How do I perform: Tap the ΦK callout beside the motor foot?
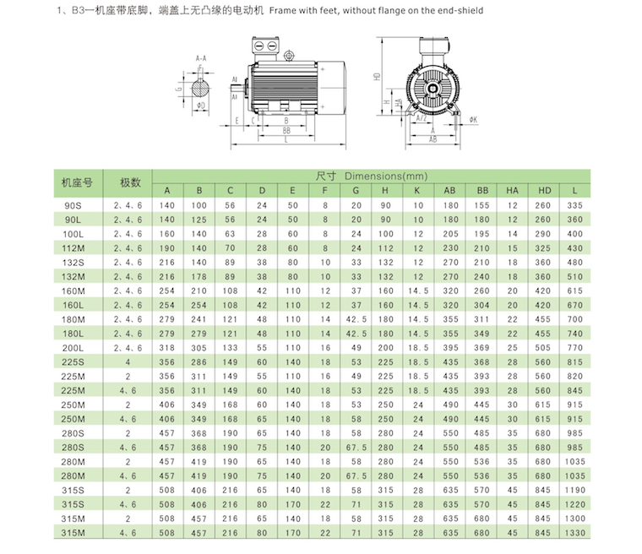pos(474,120)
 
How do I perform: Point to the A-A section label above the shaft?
pos(200,58)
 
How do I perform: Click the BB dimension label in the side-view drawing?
pos(286,131)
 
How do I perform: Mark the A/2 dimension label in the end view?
pos(422,119)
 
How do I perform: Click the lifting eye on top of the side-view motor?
pos(289,56)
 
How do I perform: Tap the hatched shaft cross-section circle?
pos(201,86)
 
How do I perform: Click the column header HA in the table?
pos(512,189)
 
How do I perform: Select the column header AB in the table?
pos(449,189)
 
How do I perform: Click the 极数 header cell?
pos(129,182)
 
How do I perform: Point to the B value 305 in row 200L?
pos(199,347)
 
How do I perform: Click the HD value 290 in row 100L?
pos(544,233)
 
